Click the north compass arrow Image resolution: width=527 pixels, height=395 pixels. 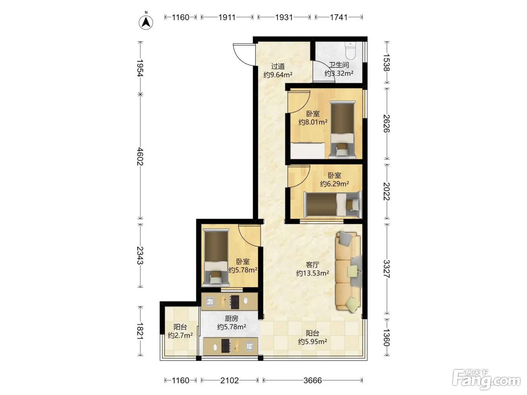point(146,23)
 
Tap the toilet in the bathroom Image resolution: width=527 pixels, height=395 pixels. point(350,51)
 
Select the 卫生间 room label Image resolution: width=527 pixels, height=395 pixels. point(339,65)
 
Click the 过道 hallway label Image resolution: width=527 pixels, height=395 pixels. point(278,66)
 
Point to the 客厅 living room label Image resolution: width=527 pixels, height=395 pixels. point(312,264)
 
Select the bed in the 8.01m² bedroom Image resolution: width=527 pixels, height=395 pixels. point(342,129)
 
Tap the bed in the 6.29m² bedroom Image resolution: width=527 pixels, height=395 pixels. point(332,205)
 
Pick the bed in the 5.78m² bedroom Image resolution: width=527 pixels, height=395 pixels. point(216,258)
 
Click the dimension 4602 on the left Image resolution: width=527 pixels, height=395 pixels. point(140,156)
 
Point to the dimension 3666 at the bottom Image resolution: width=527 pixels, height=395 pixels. point(312,380)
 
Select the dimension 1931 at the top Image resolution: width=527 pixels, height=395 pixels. point(284,17)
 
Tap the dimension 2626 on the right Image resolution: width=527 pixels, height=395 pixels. point(387,124)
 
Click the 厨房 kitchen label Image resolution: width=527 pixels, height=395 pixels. point(232,318)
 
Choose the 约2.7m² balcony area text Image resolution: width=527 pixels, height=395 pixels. point(180,335)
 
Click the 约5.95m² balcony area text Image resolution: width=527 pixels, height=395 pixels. point(312,341)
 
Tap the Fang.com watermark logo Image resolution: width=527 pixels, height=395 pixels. point(486,380)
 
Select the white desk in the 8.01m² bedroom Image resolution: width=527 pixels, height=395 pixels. point(307,150)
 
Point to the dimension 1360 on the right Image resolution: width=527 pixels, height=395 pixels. point(386,337)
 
